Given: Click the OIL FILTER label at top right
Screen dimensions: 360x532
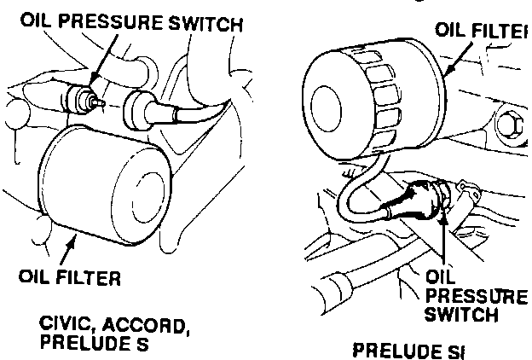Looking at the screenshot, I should (478, 31).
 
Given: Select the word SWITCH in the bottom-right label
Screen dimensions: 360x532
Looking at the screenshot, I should (460, 314).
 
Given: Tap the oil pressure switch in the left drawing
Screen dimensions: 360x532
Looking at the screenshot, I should (84, 101).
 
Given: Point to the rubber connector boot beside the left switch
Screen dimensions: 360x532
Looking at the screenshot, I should (141, 110).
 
